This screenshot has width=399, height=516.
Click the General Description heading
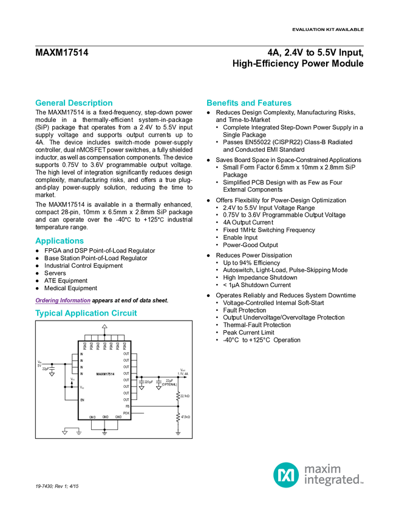(74, 103)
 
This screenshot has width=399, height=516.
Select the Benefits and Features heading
(250, 103)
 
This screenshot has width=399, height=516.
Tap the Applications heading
(60, 241)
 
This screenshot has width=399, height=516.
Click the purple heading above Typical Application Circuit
(63, 300)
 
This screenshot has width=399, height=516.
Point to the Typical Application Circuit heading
(86, 314)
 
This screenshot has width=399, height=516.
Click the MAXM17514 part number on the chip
(105, 374)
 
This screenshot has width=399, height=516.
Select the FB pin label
(127, 406)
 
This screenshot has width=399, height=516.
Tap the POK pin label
(126, 413)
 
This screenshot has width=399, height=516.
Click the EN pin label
(82, 400)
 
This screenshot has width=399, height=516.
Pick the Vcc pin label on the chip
(82, 387)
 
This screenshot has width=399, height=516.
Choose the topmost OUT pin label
(126, 354)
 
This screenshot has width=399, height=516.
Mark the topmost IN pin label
(81, 354)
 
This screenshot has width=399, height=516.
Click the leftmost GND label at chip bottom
(92, 417)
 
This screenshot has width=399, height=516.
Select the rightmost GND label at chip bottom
(118, 417)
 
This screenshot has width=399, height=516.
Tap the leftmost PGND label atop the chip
(84, 346)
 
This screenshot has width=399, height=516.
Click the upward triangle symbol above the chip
(104, 327)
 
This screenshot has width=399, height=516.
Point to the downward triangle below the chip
(64, 433)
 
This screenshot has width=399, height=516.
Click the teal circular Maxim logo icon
(285, 475)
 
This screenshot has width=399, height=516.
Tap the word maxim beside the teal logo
(322, 468)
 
